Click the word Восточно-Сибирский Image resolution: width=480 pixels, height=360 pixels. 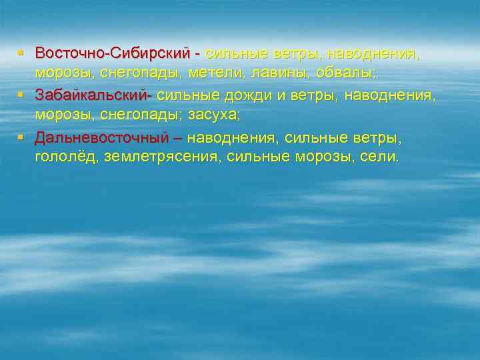(x=113, y=53)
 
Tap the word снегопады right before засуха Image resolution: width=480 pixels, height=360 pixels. (x=137, y=115)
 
